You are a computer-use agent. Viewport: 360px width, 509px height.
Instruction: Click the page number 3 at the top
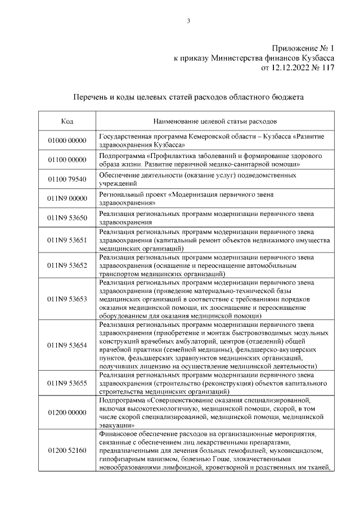pos(189,22)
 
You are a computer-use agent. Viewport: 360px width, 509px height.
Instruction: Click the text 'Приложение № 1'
pos(303,48)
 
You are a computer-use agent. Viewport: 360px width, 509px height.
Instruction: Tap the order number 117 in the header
pos(327,68)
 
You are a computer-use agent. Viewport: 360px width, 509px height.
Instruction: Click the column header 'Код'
pos(67,121)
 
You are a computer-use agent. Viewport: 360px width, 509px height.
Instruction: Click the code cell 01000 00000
pos(67,141)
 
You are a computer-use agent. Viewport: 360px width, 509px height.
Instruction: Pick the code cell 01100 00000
pos(67,160)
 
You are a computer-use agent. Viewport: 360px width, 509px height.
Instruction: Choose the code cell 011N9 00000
pos(67,199)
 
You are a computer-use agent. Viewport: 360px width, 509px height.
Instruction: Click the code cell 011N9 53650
pos(67,218)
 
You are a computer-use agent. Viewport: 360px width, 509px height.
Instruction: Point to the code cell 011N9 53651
pos(67,240)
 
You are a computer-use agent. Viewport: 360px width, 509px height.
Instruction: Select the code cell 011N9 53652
pos(67,265)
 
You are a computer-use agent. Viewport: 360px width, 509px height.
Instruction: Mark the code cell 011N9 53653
pos(67,299)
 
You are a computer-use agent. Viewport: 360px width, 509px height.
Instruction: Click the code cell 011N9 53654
pos(67,345)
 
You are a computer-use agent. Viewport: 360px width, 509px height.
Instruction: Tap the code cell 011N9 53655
pos(67,383)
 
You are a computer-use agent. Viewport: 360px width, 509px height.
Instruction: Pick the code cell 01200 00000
pos(67,413)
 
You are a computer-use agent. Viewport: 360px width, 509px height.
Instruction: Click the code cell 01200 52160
pos(67,451)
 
